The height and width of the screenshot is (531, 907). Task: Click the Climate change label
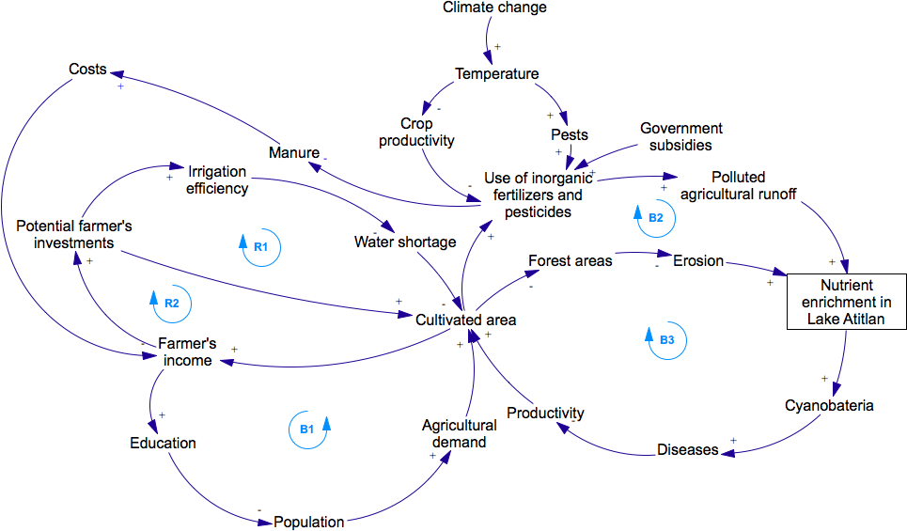pos(494,8)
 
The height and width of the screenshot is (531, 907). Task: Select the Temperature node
pos(496,74)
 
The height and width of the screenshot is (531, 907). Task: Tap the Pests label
pos(570,135)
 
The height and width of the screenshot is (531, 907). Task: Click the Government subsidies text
pos(681,136)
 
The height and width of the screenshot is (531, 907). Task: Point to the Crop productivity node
pos(416,132)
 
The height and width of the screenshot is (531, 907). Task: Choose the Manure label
pos(293,153)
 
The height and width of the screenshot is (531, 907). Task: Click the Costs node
pos(87,70)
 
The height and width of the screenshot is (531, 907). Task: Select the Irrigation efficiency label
pos(217,180)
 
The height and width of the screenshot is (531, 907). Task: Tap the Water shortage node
pos(404,242)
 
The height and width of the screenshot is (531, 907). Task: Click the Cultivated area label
pos(466,320)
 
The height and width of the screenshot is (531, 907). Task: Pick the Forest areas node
pos(570,260)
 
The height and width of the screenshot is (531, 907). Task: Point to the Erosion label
pos(698,260)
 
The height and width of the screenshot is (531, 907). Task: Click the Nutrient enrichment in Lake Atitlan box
pos(846,302)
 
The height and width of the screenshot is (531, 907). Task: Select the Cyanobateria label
pos(829,406)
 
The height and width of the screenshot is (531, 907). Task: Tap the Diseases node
pos(687,450)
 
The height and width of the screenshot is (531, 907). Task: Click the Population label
pos(308,521)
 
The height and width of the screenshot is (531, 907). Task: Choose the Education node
pos(163,443)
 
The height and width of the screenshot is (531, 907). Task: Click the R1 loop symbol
pos(261,246)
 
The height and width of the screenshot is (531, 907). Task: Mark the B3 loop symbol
pos(666,340)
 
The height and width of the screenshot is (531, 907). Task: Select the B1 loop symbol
pos(308,429)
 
